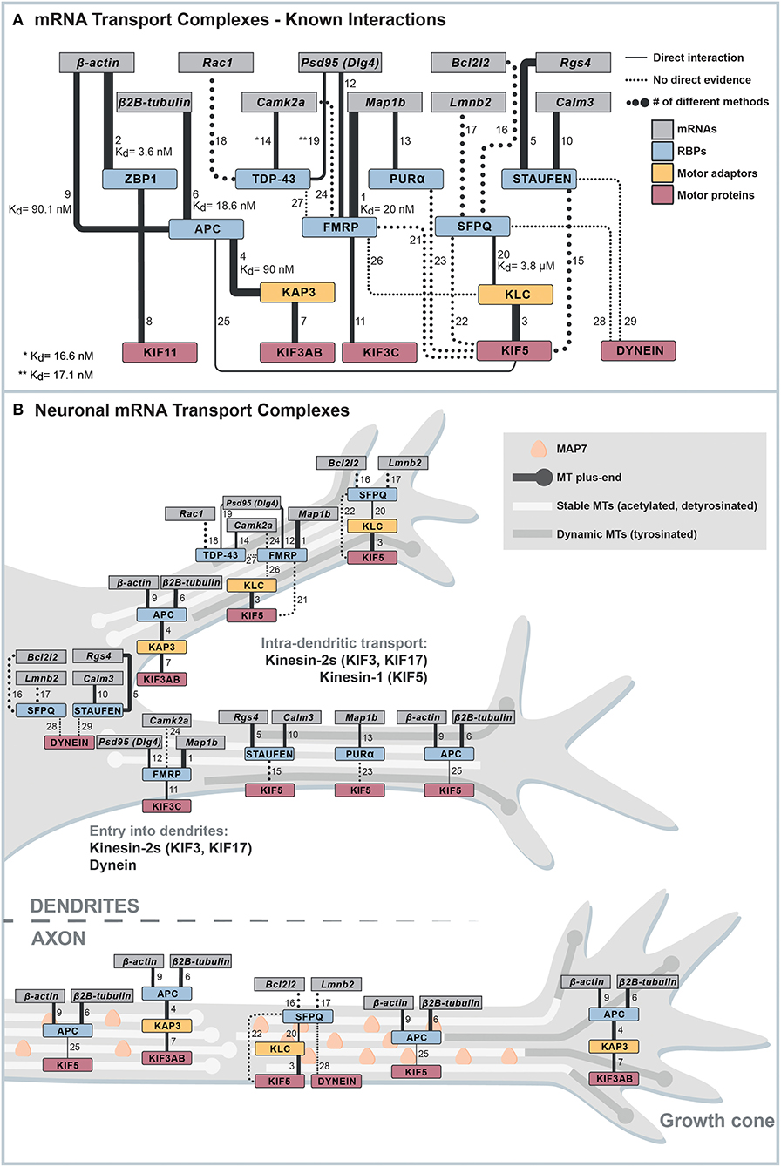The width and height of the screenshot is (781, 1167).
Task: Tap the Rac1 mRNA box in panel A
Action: point(212,63)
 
